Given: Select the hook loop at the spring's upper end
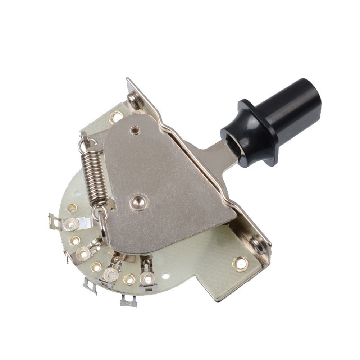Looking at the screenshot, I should tap(84, 142).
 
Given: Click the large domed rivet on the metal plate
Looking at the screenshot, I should tap(138, 202).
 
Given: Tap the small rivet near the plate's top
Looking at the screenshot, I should tap(136, 130).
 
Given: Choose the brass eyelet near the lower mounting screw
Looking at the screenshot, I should tap(240, 263).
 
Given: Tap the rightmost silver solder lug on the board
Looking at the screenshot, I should tap(147, 277).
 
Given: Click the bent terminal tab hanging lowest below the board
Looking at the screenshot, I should tap(129, 301).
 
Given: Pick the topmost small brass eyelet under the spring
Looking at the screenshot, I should tap(72, 208).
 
